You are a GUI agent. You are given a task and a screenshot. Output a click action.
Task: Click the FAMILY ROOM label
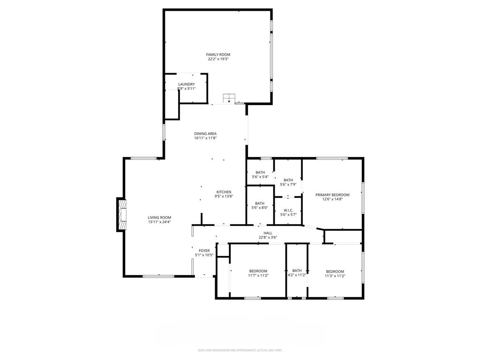click(218, 54)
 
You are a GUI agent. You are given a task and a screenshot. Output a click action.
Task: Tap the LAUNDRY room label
click(186, 84)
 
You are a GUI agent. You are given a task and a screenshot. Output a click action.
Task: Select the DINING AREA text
click(205, 134)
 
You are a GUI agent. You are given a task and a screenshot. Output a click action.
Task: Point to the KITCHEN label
click(224, 192)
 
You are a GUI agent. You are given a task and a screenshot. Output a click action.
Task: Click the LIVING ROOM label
click(159, 217)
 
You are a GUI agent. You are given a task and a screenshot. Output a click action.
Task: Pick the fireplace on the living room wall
click(122, 215)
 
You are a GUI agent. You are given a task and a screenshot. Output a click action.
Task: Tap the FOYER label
click(204, 251)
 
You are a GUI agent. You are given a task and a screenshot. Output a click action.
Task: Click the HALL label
click(268, 233)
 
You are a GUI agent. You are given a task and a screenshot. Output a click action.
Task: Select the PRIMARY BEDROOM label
click(332, 195)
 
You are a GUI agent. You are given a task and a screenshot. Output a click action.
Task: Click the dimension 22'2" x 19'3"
click(218, 59)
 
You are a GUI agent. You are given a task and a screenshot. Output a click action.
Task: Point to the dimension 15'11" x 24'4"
click(159, 222)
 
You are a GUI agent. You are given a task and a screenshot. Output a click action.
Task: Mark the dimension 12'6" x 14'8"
click(332, 199)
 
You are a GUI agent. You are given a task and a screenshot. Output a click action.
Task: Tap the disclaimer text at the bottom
click(240, 350)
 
